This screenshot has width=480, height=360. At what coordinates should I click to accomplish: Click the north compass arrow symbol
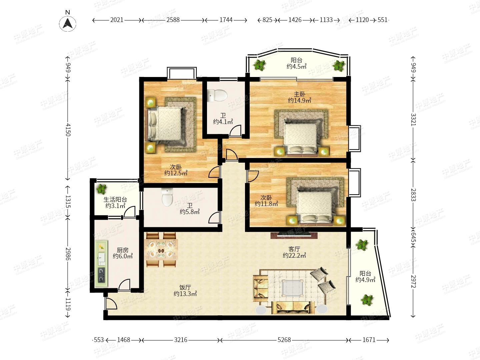68,24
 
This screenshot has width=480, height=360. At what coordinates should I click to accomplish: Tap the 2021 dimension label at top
117,20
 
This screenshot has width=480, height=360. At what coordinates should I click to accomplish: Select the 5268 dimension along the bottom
284,340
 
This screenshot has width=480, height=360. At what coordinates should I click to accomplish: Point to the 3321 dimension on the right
413,119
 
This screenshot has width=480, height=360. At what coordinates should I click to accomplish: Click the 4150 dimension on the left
68,130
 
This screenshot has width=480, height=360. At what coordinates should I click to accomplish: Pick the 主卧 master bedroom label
299,94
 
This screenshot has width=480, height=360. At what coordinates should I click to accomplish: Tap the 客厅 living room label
294,249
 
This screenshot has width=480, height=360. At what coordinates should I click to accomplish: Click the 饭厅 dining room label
185,287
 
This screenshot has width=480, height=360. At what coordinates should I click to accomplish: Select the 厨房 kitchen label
122,250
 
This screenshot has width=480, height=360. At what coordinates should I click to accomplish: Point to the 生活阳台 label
115,200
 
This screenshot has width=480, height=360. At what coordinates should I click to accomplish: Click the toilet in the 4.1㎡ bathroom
217,96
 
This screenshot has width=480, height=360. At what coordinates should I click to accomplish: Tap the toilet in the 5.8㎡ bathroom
167,197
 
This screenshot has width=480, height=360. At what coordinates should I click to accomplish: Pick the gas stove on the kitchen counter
101,275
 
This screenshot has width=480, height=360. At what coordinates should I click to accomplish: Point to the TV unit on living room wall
294,235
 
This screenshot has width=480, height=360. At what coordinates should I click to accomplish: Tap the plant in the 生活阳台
101,189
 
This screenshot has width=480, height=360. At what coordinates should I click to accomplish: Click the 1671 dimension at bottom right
369,340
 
